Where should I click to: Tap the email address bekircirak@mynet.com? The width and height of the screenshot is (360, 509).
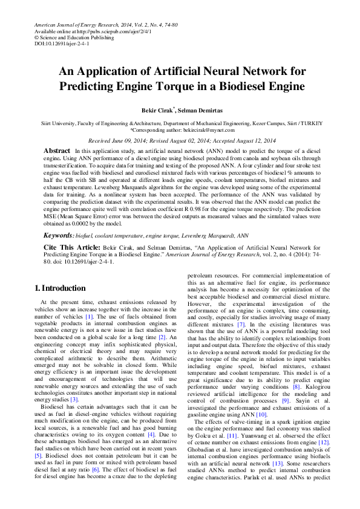[210, 129]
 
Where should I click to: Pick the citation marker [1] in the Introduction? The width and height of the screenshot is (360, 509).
[89, 316]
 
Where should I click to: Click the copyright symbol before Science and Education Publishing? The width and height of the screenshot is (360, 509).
[37, 37]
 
